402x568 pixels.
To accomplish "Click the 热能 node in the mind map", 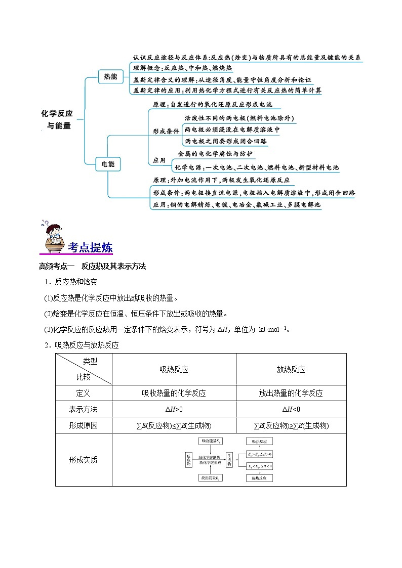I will pyautogui.click(x=110, y=77).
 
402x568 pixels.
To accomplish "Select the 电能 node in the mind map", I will pyautogui.click(x=108, y=164).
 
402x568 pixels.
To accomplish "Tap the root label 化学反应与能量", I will pyautogui.click(x=57, y=119).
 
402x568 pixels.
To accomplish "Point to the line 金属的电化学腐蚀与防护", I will pyautogui.click(x=215, y=154).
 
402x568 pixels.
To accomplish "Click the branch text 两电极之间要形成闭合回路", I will pyautogui.click(x=226, y=141).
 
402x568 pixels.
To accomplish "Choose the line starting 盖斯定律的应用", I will pyautogui.click(x=227, y=91).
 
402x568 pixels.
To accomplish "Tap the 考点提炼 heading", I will pyautogui.click(x=90, y=248).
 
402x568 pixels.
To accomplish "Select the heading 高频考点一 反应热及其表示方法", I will pyautogui.click(x=92, y=267).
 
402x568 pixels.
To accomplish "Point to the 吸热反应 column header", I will pyautogui.click(x=174, y=369).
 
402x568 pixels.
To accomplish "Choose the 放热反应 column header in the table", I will pyautogui.click(x=291, y=369).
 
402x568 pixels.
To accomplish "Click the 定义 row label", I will pyautogui.click(x=84, y=393).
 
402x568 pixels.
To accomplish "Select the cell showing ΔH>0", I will pyautogui.click(x=174, y=409).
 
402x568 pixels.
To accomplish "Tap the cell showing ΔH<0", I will pyautogui.click(x=291, y=409).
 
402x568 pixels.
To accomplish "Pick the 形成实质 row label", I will pyautogui.click(x=84, y=460).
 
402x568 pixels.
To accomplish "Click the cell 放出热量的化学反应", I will pyautogui.click(x=291, y=393).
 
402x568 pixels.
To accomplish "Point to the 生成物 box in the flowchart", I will pyautogui.click(x=229, y=460).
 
